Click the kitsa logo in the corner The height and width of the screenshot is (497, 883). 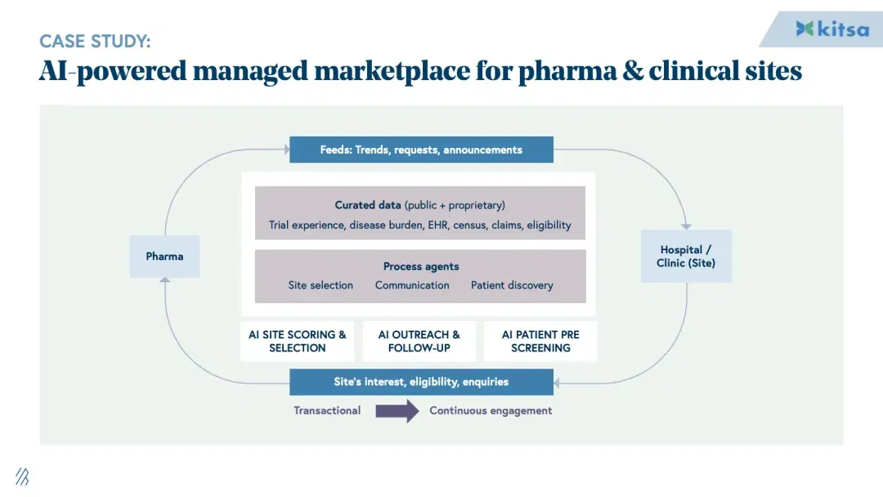tap(832, 29)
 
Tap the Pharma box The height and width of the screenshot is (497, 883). tap(164, 257)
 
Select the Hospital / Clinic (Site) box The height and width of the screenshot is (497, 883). tap(686, 256)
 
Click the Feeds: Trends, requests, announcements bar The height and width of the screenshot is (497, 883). tap(421, 150)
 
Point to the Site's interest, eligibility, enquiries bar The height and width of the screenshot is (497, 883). tap(421, 383)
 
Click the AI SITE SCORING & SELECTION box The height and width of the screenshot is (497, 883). tap(298, 341)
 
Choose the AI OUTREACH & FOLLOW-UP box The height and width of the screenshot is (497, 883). tap(419, 341)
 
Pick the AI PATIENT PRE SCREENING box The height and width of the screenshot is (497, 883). tap(540, 341)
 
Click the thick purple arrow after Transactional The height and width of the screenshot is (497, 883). tap(397, 411)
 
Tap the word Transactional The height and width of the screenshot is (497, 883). tap(327, 411)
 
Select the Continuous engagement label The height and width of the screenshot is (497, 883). tap(491, 411)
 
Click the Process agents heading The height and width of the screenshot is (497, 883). tap(421, 266)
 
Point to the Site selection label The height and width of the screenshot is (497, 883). tap(320, 285)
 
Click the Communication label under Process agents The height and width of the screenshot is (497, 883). tap(412, 285)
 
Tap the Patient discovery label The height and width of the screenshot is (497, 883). tap(512, 285)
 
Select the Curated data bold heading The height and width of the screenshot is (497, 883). tap(368, 205)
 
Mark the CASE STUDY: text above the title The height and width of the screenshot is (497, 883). tap(95, 41)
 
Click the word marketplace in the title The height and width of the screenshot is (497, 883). tap(392, 71)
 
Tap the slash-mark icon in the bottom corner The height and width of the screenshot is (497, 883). tap(22, 477)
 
